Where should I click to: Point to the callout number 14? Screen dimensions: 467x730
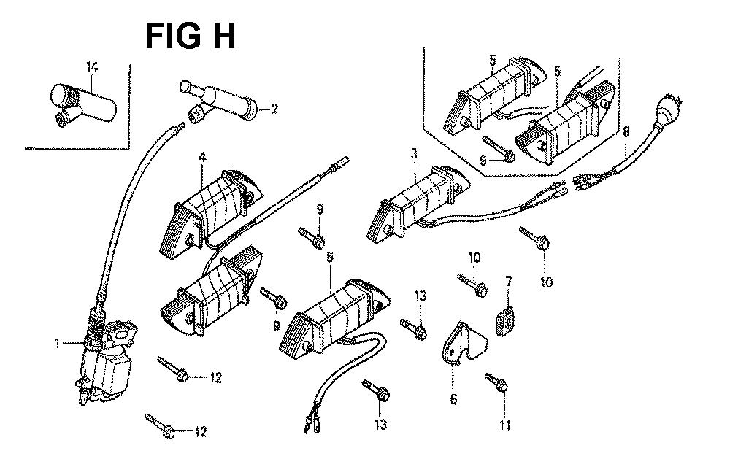pos(92,67)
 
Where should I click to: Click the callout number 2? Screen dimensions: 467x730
pos(274,109)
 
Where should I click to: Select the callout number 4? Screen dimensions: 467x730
pos(203,155)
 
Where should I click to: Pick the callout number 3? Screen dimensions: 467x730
pos(414,154)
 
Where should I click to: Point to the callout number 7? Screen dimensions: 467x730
pos(509,281)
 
